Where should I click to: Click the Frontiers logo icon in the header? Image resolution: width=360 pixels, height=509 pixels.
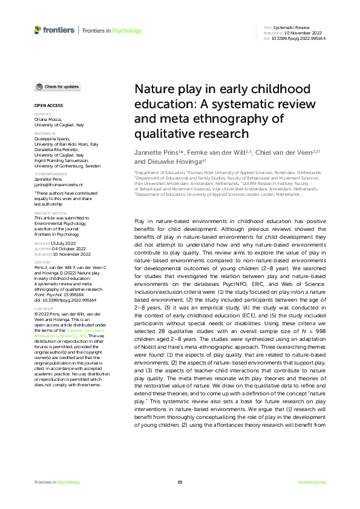(x=38, y=29)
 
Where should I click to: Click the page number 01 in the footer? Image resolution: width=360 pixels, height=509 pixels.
(x=180, y=482)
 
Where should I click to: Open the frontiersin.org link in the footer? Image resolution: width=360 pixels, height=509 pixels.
(x=312, y=482)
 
